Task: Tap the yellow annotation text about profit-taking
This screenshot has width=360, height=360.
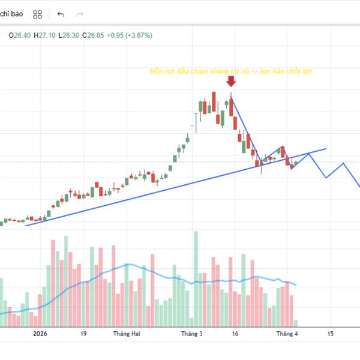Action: point(230,71)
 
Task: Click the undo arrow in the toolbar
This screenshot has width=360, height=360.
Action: point(61,14)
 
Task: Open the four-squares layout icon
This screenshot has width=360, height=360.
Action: point(38,14)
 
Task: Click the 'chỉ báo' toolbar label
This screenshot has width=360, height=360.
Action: point(13,14)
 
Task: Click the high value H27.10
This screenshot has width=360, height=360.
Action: point(45,35)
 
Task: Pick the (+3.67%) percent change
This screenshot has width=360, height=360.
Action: point(139,35)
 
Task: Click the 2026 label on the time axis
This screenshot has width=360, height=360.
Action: point(40,334)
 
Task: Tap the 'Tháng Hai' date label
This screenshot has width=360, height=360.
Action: point(127,334)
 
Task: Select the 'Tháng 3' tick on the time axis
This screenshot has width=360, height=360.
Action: point(193,334)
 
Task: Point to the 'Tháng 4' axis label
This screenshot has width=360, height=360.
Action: point(287,334)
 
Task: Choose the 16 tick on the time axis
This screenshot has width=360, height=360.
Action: point(235,334)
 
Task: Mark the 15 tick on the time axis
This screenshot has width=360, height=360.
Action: point(330,334)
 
